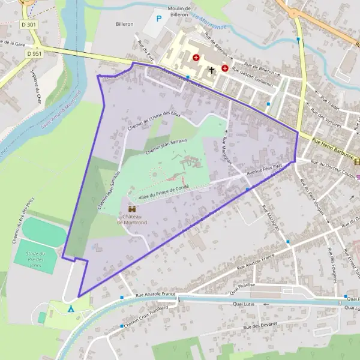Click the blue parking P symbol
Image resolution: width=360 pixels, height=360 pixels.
coord(158,19)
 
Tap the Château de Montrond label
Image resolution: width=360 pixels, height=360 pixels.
coord(131,219)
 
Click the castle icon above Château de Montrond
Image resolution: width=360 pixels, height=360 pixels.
coord(131,208)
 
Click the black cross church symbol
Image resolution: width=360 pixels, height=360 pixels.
coord(211,70)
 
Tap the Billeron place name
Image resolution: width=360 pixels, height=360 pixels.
coord(124,25)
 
